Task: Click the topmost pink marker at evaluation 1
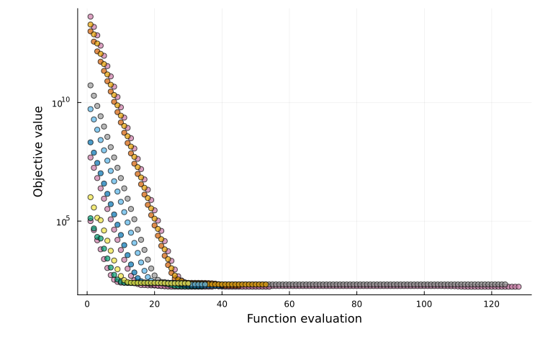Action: [90, 17]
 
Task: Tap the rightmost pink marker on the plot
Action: [518, 287]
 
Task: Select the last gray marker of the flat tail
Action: [505, 284]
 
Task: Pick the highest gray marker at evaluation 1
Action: [90, 86]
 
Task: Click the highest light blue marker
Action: [90, 109]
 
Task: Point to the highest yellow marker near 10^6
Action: [90, 197]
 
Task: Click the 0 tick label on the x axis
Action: [87, 303]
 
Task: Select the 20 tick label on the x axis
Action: [154, 303]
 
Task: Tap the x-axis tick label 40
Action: [222, 303]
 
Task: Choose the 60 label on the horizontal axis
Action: [289, 303]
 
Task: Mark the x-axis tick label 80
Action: [356, 303]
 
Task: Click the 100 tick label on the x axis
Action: [424, 303]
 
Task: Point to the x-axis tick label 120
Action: [492, 303]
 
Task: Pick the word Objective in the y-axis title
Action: [39, 168]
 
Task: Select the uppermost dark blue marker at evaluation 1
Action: [90, 142]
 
